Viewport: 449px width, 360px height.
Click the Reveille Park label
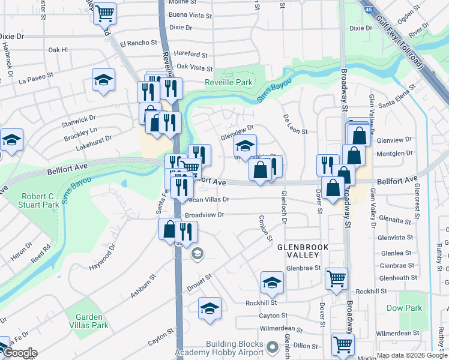coord(229,83)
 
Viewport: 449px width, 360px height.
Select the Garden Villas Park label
coord(88,321)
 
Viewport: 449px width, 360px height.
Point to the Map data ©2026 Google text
coord(412,355)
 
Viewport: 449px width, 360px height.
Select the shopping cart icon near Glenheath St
coord(336,278)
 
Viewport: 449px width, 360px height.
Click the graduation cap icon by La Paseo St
coord(103,79)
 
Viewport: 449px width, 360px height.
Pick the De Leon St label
coord(295,127)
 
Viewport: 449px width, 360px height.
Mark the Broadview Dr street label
coord(204,214)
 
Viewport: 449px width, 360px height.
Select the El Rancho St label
coord(138,43)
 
